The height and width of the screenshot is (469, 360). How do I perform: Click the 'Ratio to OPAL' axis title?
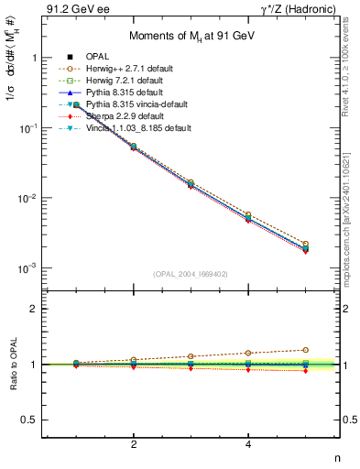[16, 365]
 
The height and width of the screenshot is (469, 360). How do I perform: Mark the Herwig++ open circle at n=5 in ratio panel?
[306, 349]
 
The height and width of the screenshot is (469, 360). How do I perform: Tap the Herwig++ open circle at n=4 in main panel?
[248, 214]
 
